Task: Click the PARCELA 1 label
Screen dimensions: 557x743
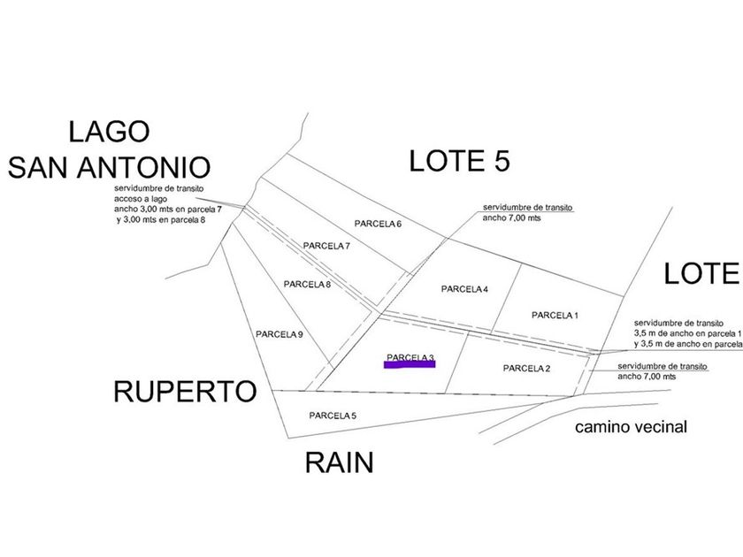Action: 555,315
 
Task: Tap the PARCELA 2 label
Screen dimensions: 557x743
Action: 526,368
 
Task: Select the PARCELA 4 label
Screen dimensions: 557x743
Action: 464,289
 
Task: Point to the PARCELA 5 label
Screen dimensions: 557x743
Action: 333,415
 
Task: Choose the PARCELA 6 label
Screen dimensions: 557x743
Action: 379,224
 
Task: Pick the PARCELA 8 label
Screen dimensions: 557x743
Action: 307,284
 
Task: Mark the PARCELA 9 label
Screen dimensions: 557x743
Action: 280,334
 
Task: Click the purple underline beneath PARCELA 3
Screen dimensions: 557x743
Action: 410,363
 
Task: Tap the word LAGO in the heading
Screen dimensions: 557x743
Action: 109,132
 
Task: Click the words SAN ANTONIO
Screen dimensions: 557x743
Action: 110,166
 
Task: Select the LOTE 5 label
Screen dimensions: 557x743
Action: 461,160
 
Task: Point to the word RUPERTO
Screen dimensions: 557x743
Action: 184,392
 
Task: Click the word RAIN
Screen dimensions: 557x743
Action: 339,462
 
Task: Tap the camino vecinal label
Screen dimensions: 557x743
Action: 631,427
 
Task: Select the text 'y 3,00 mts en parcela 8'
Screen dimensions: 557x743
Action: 160,218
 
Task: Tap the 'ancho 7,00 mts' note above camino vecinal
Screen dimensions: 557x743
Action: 647,376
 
